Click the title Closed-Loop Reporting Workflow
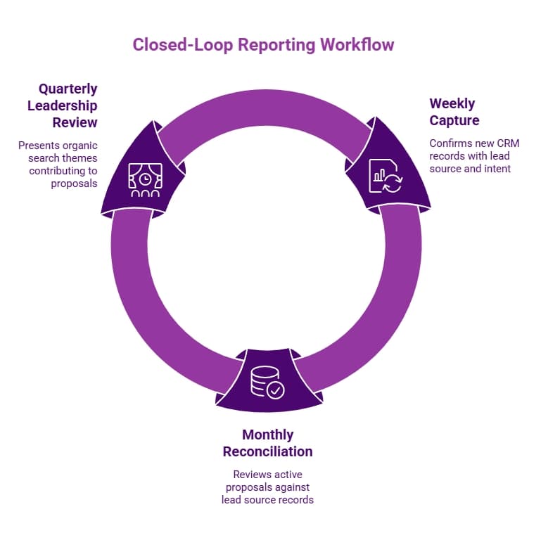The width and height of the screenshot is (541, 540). [x=263, y=44]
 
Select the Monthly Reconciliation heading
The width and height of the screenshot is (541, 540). [x=267, y=443]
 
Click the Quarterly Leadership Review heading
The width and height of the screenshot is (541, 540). [x=63, y=105]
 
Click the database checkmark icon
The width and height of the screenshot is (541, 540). [x=267, y=382]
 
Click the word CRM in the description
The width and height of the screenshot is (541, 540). [x=507, y=143]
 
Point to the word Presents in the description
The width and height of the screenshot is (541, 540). [x=39, y=146]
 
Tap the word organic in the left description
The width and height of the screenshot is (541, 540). [x=79, y=146]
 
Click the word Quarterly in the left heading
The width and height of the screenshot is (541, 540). [x=68, y=89]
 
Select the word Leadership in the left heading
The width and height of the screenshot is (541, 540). [x=63, y=106]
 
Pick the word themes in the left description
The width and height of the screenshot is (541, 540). [x=79, y=158]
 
